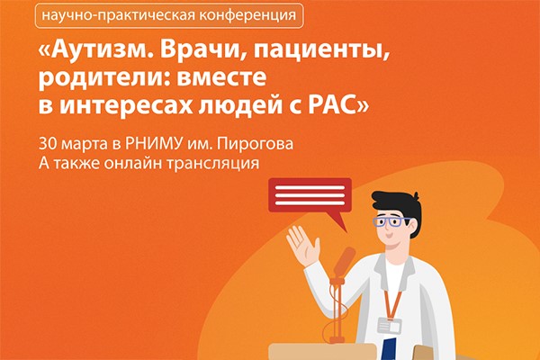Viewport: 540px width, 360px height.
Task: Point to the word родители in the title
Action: pos(104,79)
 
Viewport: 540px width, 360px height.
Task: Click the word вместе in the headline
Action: pos(221,78)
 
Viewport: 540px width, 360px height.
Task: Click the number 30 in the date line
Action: pos(47,144)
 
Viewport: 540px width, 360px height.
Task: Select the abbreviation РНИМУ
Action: pos(153,144)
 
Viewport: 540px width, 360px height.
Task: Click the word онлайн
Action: pos(133,163)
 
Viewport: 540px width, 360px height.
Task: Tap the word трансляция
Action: pos(212,164)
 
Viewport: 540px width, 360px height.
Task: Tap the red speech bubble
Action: pos(310,196)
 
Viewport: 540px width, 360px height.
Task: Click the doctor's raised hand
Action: pos(302,246)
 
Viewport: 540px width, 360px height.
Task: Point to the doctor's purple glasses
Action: pos(391,222)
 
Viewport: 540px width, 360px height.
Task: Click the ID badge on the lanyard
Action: pos(390,326)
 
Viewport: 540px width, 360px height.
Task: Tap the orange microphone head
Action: pos(345,262)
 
